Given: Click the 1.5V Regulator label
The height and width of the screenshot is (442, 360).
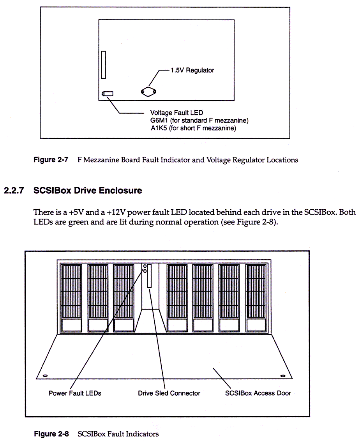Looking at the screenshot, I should tap(192, 71).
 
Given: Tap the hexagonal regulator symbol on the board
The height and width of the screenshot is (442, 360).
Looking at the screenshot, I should tap(148, 92).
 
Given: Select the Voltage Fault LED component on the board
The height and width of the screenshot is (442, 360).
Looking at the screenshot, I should tap(108, 94).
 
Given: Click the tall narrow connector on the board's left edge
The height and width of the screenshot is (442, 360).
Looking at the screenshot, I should tap(103, 65).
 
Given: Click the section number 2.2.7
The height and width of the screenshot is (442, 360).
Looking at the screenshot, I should tap(15, 191).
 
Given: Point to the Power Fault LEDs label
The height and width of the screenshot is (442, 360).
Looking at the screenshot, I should tap(75, 393).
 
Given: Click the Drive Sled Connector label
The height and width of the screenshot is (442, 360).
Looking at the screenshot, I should tap(169, 393).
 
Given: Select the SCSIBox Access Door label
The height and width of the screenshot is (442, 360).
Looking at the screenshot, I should tap(258, 393).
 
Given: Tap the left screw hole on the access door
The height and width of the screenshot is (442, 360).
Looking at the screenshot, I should tap(45, 376).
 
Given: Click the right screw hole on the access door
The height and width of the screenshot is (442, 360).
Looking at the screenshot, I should tap(283, 376).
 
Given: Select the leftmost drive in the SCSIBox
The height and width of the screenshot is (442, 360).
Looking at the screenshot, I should tap(71, 298).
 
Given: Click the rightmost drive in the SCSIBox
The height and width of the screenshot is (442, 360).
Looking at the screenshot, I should tap(256, 298).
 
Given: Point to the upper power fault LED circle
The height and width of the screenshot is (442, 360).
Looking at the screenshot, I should tap(145, 266).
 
